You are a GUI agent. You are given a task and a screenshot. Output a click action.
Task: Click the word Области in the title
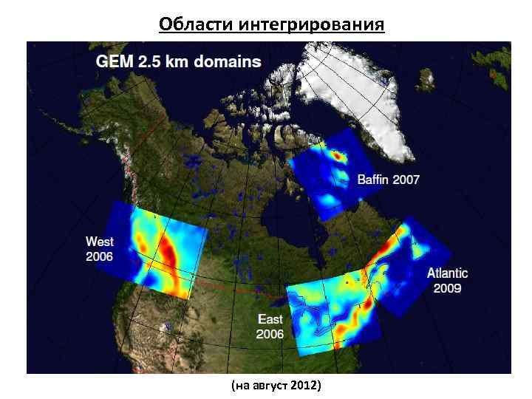[196, 24]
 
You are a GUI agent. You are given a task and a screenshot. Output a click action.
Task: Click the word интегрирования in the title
[312, 24]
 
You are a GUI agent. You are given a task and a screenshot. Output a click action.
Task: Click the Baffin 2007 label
[388, 179]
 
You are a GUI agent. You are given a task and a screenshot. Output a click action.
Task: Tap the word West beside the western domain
[100, 242]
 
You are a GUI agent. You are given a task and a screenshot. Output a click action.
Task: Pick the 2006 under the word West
[100, 256]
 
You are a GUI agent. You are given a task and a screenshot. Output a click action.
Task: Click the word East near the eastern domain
[270, 319]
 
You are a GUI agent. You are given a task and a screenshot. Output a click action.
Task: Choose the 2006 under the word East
[270, 334]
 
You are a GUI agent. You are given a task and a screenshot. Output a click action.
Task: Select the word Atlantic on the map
[447, 273]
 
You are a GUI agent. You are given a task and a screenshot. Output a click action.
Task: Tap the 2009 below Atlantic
[447, 288]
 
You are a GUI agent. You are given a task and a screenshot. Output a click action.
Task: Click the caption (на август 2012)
[276, 386]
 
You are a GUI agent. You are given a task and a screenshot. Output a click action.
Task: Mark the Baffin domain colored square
[329, 174]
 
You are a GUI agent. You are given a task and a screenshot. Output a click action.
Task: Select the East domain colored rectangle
[332, 310]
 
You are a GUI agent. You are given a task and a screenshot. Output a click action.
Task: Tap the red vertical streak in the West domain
[168, 255]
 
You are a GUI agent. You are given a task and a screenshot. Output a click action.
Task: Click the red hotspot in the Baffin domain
[338, 156]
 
